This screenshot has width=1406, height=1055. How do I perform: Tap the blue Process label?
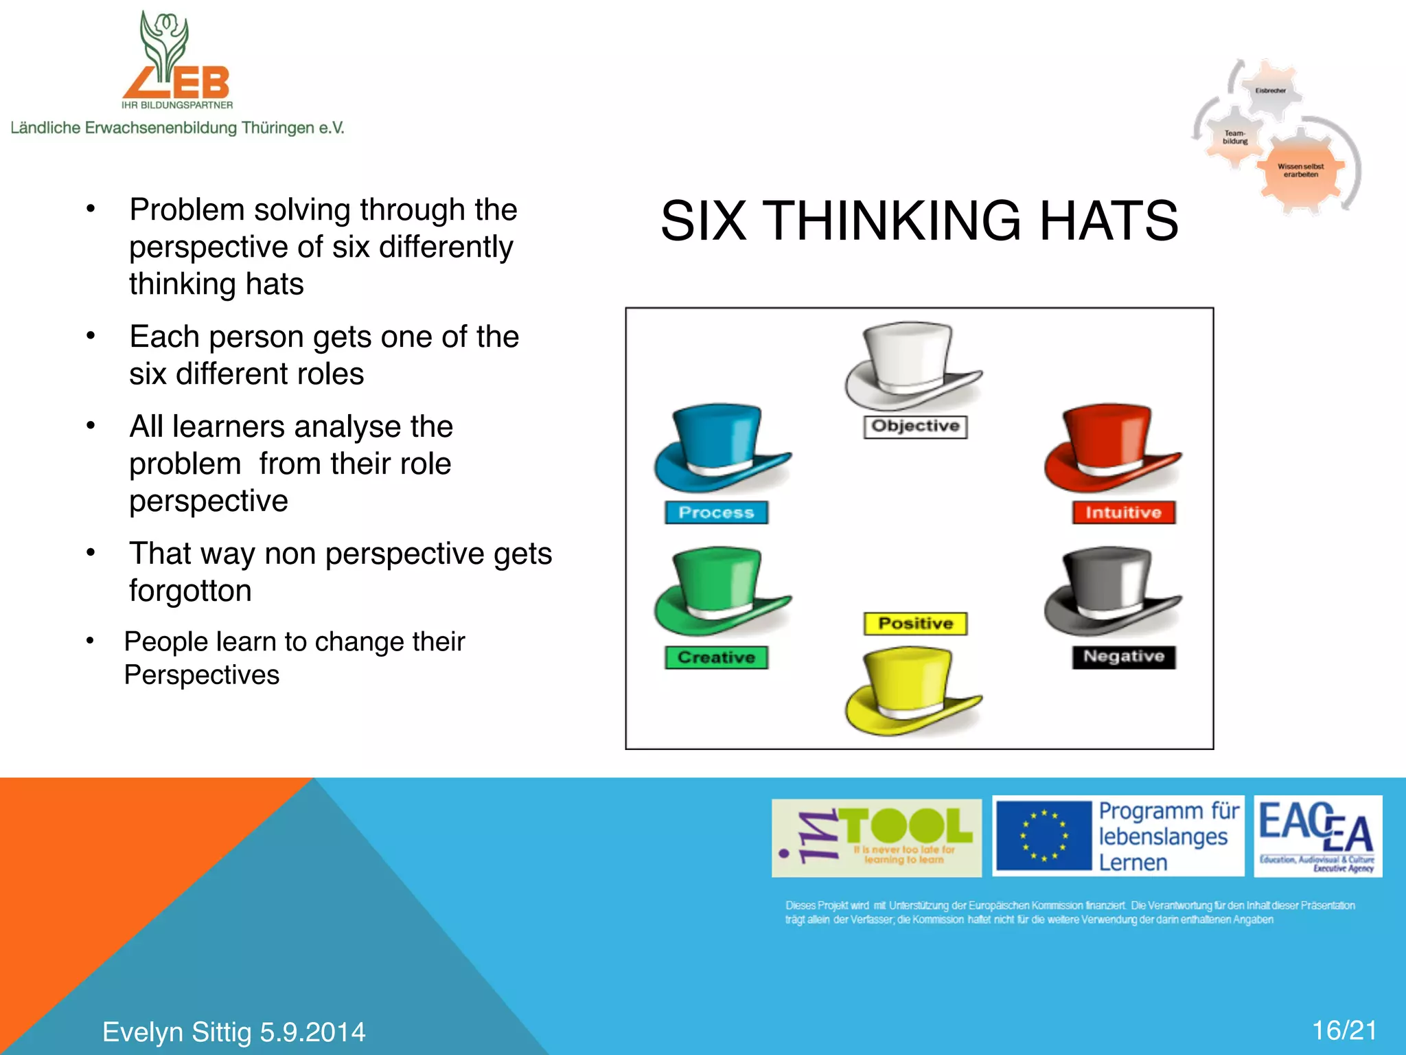(x=716, y=512)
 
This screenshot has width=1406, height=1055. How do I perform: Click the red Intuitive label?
(x=1123, y=512)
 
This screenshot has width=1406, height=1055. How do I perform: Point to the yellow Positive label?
(x=915, y=624)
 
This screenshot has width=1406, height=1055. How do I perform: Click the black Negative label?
(x=1124, y=657)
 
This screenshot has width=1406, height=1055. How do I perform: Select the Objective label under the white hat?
(x=915, y=427)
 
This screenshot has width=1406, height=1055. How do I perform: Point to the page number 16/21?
(x=1344, y=1030)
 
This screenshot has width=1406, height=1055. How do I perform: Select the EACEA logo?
(x=1317, y=836)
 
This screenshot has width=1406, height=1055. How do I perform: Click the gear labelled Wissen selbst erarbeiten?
(x=1300, y=170)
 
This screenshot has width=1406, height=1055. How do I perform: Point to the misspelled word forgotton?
(x=190, y=591)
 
